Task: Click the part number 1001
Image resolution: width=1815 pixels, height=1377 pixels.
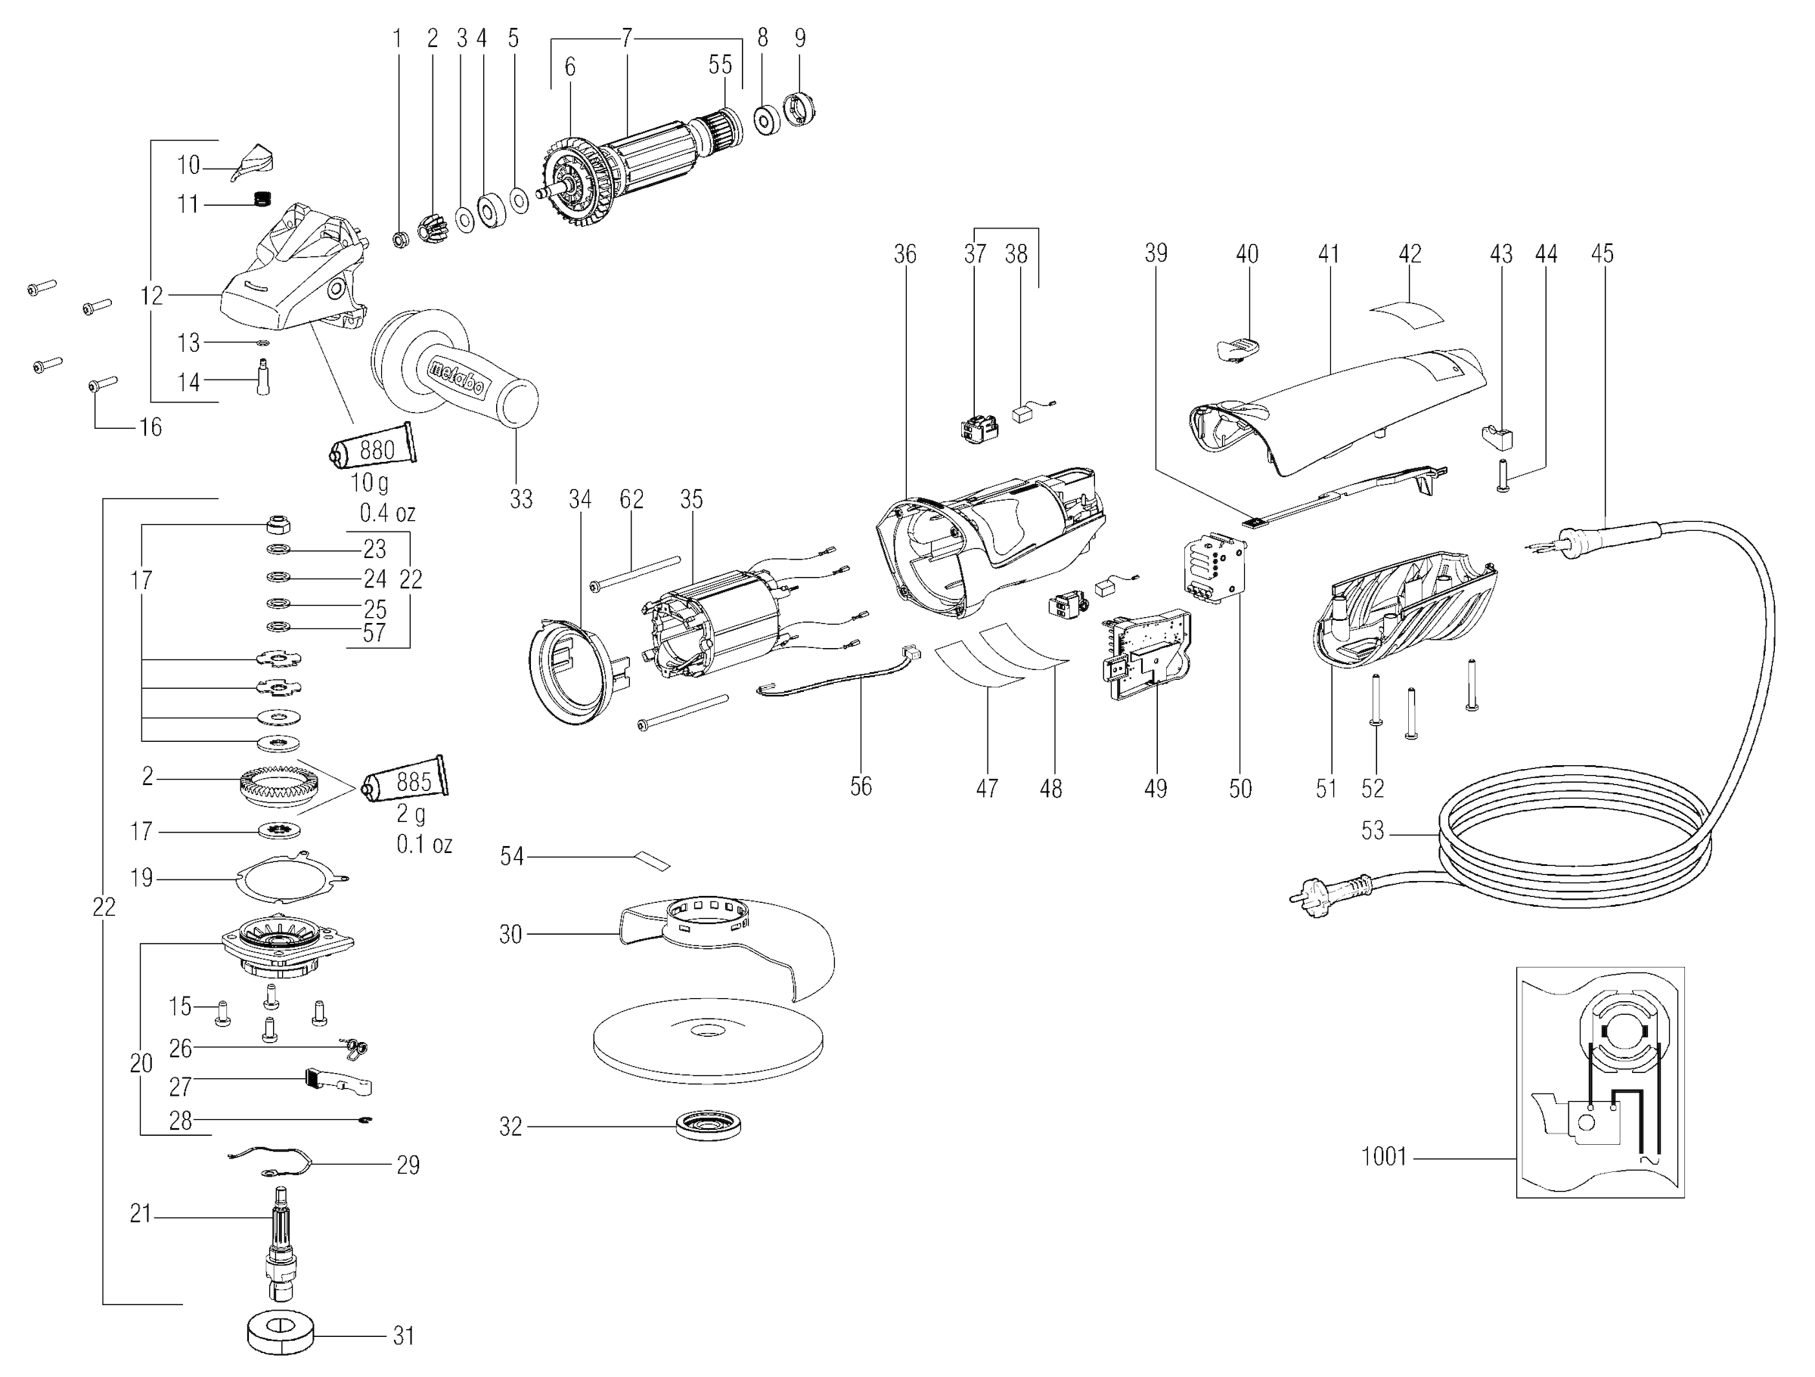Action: (1383, 1156)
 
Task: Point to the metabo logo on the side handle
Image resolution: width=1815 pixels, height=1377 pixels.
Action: (457, 380)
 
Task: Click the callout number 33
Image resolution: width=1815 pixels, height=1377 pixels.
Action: (521, 499)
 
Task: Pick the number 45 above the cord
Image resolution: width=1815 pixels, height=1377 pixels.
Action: (1602, 253)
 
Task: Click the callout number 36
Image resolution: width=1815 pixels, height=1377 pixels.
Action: (905, 254)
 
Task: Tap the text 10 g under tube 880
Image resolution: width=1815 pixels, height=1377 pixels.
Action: (368, 482)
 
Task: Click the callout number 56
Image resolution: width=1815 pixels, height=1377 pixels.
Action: (861, 786)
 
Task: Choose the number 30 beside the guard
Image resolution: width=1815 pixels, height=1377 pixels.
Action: (510, 935)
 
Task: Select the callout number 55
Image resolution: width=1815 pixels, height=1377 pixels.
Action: (720, 65)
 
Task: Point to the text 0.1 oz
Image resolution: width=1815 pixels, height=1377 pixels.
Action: (424, 844)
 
